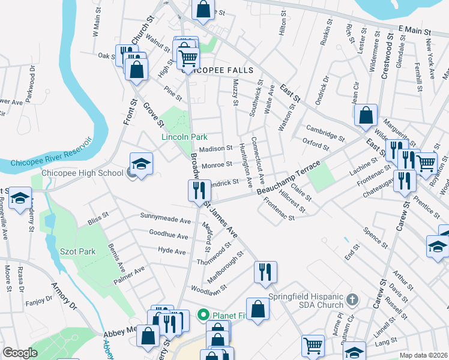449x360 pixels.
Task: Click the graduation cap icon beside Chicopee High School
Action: tap(141, 164)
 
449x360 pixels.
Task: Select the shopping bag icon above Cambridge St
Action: tap(366, 115)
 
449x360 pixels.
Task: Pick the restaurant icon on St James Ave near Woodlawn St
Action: tap(265, 272)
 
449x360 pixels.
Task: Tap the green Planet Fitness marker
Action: tap(203, 314)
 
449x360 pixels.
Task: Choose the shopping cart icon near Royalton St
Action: tap(426, 162)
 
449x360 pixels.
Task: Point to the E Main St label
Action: tap(415, 29)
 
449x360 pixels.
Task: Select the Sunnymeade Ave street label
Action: tap(164, 217)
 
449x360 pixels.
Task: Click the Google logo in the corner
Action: tap(20, 353)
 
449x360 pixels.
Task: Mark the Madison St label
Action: tap(215, 148)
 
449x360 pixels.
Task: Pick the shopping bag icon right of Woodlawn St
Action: tap(258, 310)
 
